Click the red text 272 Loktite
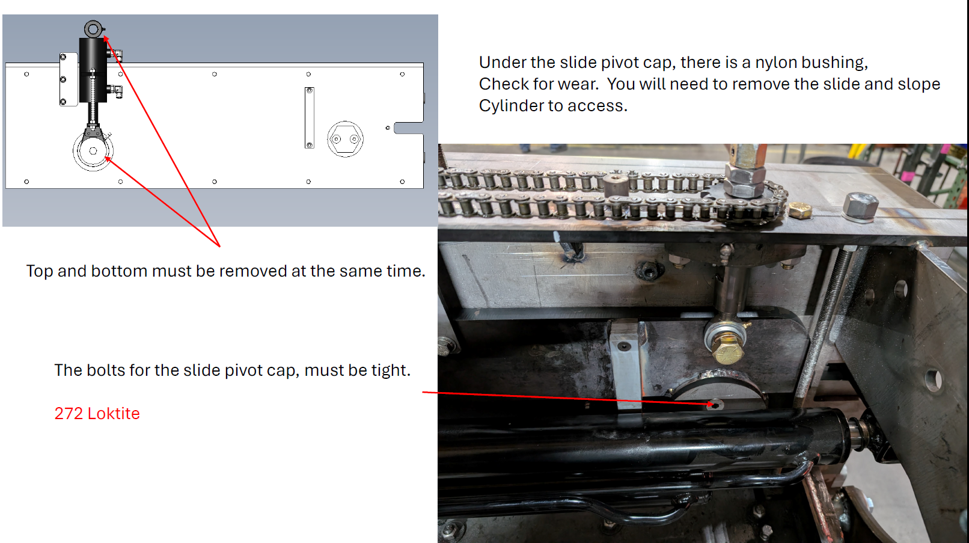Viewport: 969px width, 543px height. pos(97,414)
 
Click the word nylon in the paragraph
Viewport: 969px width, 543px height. pos(775,63)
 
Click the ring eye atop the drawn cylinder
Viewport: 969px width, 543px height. pos(93,29)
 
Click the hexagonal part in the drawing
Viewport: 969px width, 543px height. pos(345,139)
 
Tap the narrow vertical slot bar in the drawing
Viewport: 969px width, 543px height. pos(310,118)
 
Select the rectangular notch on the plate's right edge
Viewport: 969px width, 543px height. pos(409,128)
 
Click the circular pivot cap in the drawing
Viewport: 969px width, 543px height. pos(93,150)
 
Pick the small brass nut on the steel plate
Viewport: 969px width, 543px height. pos(800,210)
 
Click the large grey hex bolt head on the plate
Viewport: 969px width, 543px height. pos(860,207)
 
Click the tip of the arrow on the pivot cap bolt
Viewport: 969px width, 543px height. pos(714,405)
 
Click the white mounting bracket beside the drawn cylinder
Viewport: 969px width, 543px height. pos(69,79)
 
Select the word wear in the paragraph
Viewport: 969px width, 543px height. pos(578,84)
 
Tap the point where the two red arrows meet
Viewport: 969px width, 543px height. pos(220,247)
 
